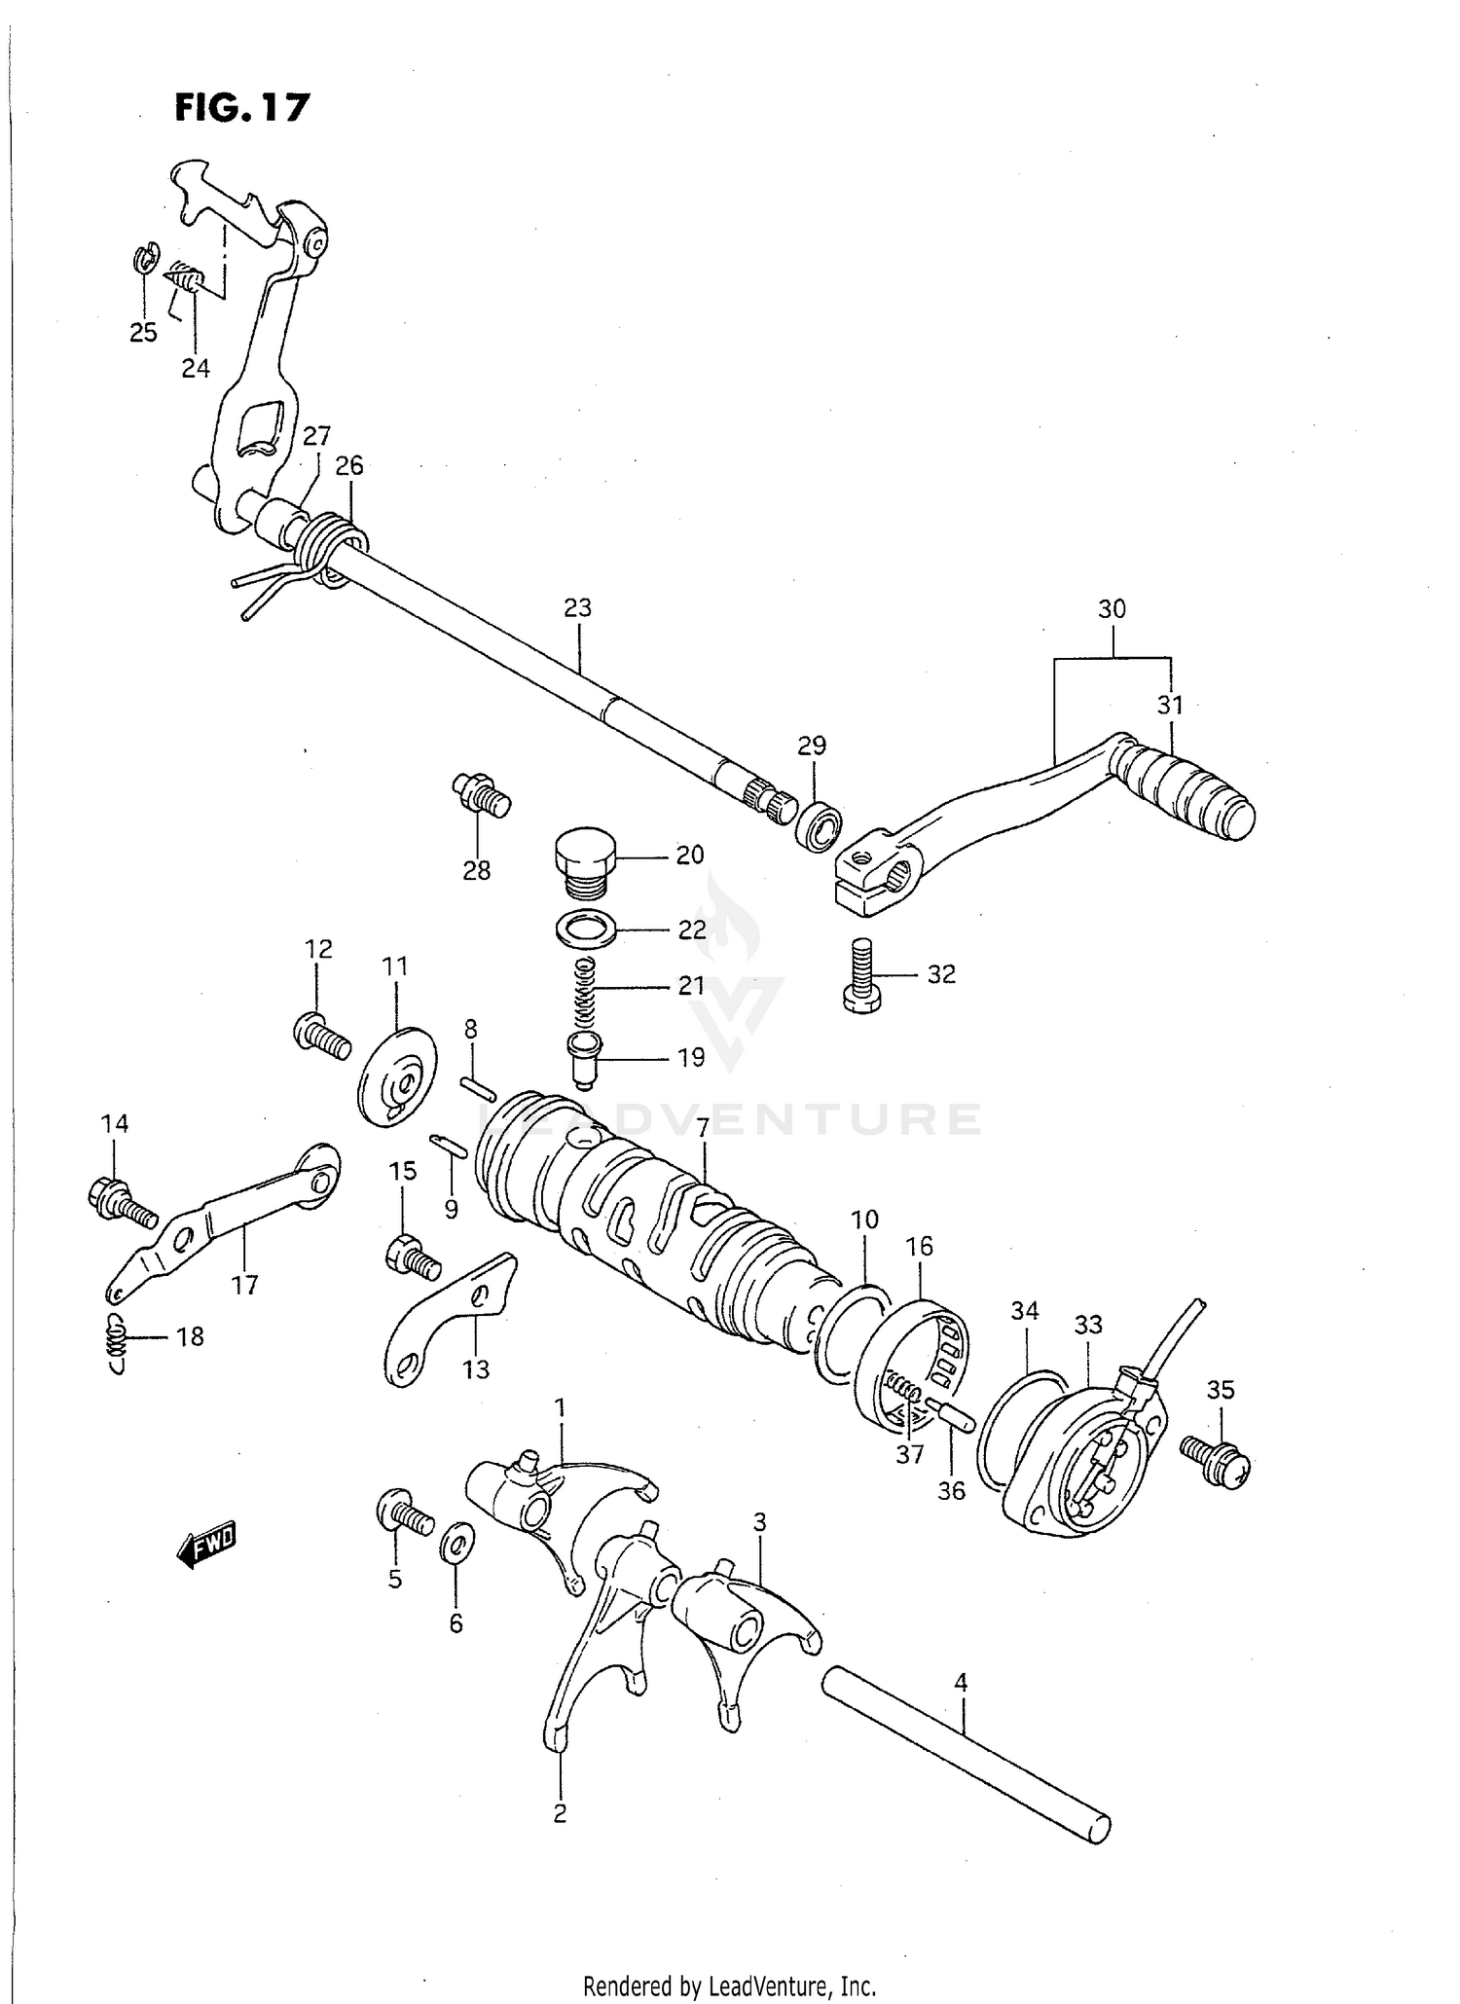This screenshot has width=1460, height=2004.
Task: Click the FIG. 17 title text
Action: (241, 107)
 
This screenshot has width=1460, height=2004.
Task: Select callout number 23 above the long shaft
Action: (577, 608)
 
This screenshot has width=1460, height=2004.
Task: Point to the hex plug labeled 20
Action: (587, 859)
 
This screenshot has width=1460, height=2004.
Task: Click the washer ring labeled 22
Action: (586, 928)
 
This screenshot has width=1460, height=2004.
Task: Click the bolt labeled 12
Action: (320, 1036)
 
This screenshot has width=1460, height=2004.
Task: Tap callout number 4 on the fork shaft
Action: (961, 1682)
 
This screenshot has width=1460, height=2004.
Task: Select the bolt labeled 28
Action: (481, 795)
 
